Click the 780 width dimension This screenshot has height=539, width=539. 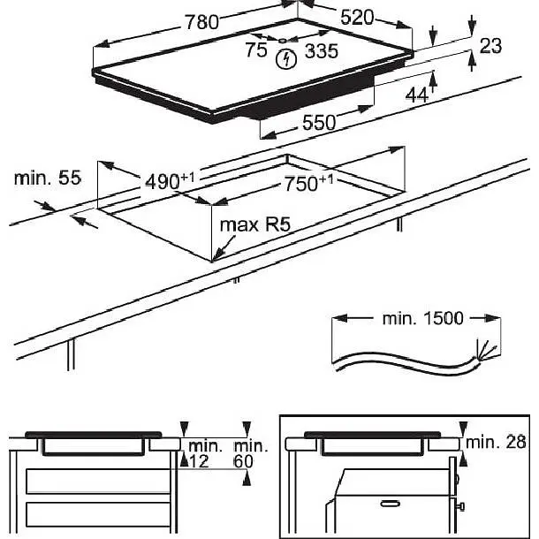(x=201, y=22)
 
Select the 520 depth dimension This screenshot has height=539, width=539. (x=356, y=18)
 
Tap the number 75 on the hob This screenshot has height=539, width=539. (x=256, y=49)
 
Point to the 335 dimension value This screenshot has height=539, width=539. (x=322, y=51)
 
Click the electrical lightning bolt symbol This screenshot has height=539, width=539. (x=286, y=59)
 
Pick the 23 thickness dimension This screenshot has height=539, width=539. (x=490, y=46)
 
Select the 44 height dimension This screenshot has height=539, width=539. (x=417, y=95)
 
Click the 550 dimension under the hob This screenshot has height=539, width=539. (x=319, y=123)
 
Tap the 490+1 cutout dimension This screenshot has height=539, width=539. (x=170, y=181)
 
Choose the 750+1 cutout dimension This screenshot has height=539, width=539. (x=308, y=183)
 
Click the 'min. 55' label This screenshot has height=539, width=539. (x=48, y=178)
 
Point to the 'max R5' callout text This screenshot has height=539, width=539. (x=255, y=224)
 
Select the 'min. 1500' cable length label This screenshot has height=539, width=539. (x=423, y=318)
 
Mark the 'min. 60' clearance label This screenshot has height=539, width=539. (x=250, y=454)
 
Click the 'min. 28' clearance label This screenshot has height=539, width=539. (x=496, y=442)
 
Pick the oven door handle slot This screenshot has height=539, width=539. (x=391, y=504)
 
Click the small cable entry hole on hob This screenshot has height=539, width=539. (x=282, y=41)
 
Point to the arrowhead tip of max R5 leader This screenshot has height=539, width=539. (x=213, y=261)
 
